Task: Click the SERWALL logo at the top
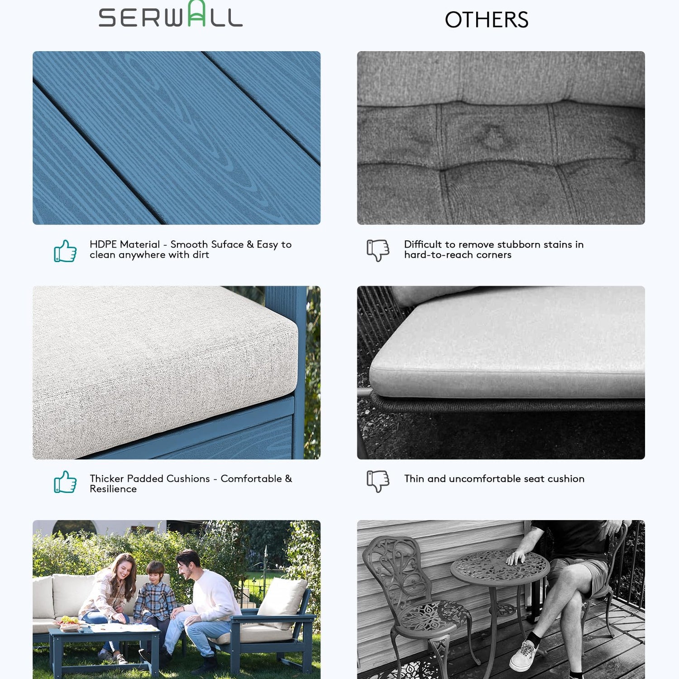[x=171, y=14]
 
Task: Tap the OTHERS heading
[x=487, y=20]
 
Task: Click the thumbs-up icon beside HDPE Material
[x=65, y=251]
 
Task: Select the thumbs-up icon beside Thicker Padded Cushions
[x=65, y=482]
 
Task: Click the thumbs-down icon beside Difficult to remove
[x=378, y=250]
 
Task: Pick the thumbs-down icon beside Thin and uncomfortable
[x=378, y=481]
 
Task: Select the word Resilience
[x=113, y=489]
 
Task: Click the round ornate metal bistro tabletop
[x=500, y=569]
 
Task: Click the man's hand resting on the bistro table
[x=516, y=557]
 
